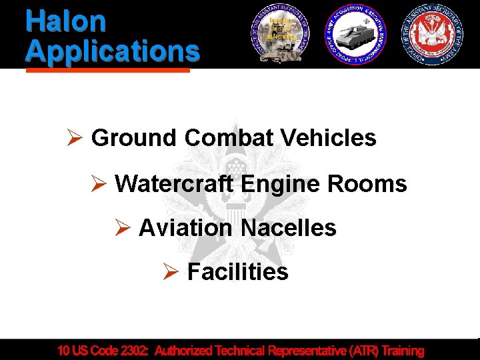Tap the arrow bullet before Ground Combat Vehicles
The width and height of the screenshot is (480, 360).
coord(74,139)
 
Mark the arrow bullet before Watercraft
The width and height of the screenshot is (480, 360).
coord(98,183)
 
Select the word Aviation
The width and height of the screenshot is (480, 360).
coord(186,228)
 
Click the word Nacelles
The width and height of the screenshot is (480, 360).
coord(288,228)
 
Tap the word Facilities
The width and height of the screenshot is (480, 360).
coord(237,272)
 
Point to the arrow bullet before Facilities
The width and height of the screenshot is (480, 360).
coord(170,273)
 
